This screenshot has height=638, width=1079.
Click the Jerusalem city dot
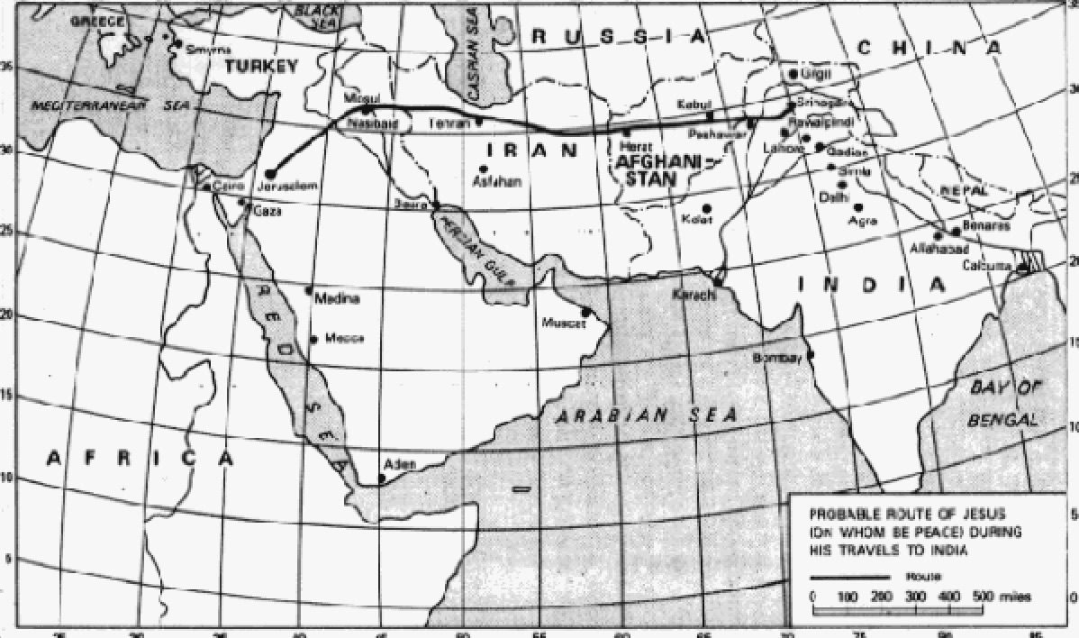click(270, 173)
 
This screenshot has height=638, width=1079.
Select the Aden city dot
click(382, 478)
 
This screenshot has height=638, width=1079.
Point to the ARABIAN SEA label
click(645, 415)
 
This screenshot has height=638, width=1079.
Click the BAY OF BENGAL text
click(1003, 404)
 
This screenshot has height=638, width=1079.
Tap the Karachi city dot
click(718, 282)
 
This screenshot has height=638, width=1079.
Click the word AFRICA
click(141, 459)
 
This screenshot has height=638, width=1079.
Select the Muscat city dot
click(586, 313)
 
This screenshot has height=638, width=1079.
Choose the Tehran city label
click(451, 122)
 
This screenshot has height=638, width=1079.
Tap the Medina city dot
click(309, 290)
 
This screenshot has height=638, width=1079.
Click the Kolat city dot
click(707, 208)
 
